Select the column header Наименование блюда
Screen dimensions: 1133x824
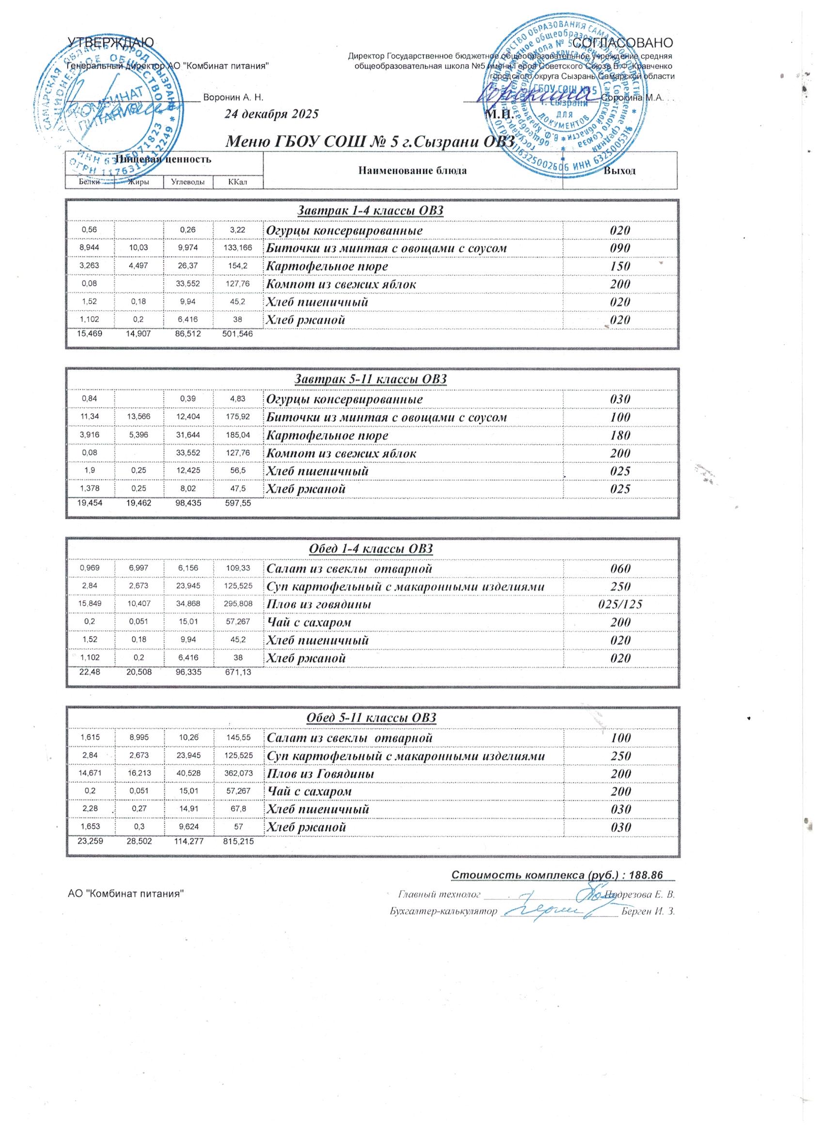pyautogui.click(x=413, y=171)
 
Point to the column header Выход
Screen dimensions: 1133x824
pyautogui.click(x=620, y=171)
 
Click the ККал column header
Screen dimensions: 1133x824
pyautogui.click(x=238, y=182)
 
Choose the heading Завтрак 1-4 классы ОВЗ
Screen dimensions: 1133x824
pyautogui.click(x=370, y=211)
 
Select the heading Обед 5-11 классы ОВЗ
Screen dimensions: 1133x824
pyautogui.click(x=371, y=718)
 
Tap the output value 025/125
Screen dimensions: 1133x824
pyautogui.click(x=620, y=604)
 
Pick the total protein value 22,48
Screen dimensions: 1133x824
pyautogui.click(x=90, y=673)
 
